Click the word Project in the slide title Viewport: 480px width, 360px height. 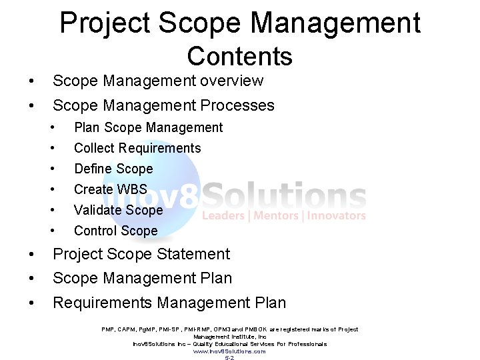[x=98, y=23]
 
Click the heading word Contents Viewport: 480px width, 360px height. [x=240, y=57]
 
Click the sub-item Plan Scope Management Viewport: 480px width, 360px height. [x=148, y=127]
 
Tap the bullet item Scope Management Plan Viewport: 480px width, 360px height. [x=142, y=278]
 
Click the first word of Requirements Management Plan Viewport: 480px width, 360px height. [x=102, y=303]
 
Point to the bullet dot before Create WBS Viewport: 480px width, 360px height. [x=52, y=189]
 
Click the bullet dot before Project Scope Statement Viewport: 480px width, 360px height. [x=32, y=254]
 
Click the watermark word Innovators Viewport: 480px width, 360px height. [x=335, y=216]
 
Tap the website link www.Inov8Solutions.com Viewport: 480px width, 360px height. [x=229, y=351]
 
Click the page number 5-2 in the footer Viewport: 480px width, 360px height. [x=229, y=358]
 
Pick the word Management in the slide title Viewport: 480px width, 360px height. [x=335, y=23]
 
